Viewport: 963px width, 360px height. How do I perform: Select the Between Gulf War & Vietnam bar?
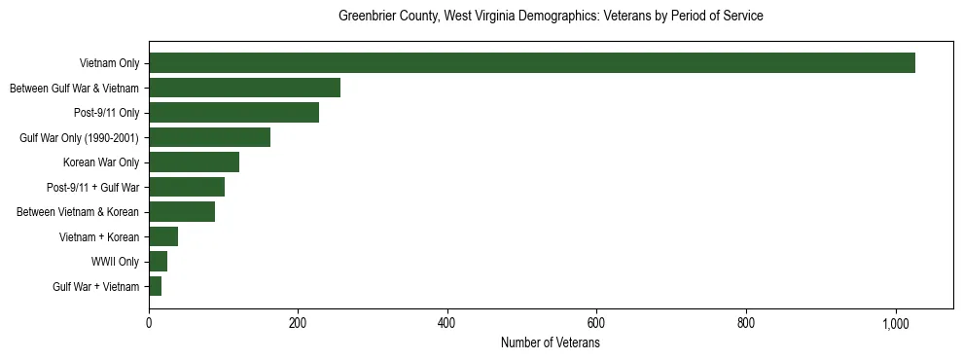click(x=244, y=88)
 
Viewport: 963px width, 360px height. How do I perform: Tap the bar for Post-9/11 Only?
click(x=233, y=113)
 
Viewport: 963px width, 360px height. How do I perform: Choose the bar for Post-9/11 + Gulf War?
click(x=187, y=187)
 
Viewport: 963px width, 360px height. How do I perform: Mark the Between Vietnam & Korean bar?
click(x=182, y=212)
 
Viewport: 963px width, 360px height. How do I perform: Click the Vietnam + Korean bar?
click(x=163, y=236)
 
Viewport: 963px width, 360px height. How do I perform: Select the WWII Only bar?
click(x=158, y=261)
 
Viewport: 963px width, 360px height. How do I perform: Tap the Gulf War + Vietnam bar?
click(x=155, y=286)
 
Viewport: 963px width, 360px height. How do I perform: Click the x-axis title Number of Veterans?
click(x=551, y=343)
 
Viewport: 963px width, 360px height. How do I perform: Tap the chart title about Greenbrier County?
click(x=551, y=17)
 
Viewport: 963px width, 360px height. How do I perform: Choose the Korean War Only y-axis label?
click(x=101, y=162)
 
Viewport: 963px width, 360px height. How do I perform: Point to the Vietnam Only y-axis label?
click(x=109, y=64)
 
